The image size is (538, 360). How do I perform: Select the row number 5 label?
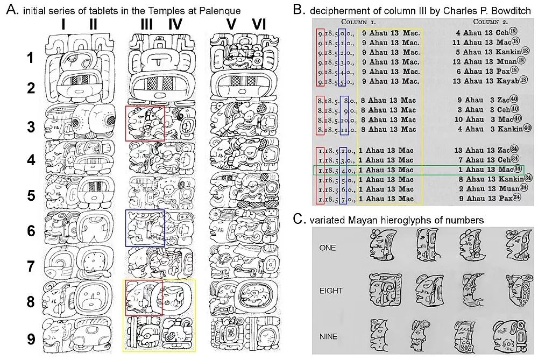coord(32,193)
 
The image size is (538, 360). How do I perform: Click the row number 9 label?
coord(32,340)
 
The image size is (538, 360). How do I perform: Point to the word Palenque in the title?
coord(218,10)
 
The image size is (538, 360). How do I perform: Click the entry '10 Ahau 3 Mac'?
coord(484,119)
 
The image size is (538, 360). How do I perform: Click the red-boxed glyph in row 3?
coord(145,123)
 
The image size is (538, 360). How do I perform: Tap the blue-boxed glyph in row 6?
coord(145,228)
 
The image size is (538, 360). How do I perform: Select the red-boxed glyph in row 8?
coord(144,297)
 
